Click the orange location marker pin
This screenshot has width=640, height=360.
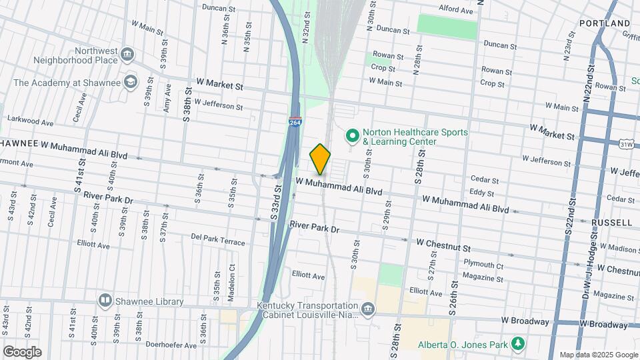[x=321, y=159]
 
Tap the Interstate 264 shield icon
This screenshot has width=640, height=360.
[x=295, y=122]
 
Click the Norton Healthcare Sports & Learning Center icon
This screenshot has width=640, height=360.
[x=352, y=136]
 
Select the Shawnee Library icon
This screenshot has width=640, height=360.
[x=105, y=301]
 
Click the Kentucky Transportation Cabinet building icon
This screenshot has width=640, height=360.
[x=368, y=309]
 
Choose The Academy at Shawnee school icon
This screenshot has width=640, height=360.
[x=130, y=83]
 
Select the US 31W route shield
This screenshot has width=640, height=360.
[x=626, y=143]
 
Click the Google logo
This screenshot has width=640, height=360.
[x=22, y=351]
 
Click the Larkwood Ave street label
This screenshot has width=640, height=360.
[x=31, y=121]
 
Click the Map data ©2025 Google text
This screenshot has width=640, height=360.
[x=598, y=355]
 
